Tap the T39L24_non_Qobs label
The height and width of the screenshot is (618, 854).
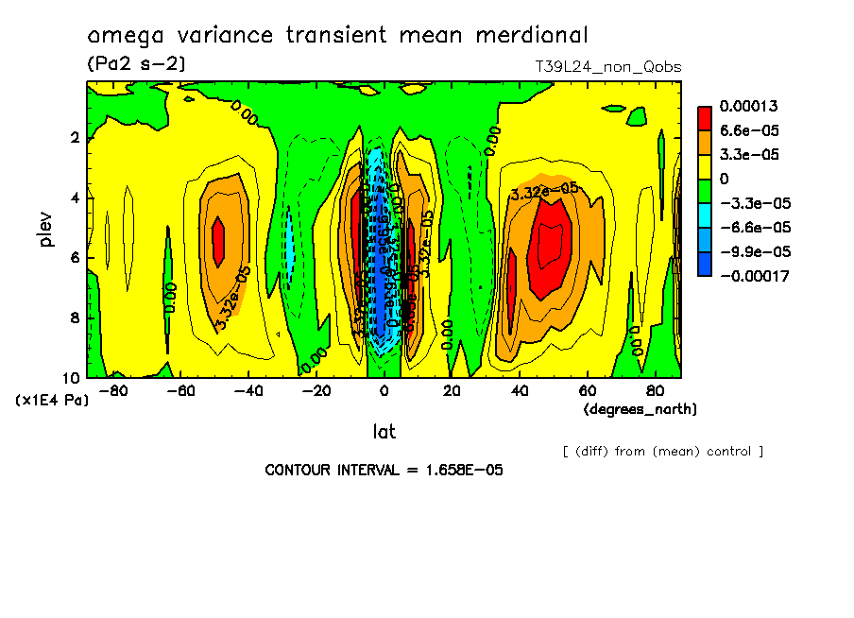[x=607, y=67]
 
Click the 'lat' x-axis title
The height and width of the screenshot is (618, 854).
[x=384, y=432]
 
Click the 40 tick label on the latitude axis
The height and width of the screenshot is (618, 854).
[x=519, y=390]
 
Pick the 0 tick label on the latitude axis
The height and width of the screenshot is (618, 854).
[x=384, y=390]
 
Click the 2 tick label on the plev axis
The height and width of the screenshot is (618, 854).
[x=75, y=138]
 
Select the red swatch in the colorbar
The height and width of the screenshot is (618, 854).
[x=705, y=117]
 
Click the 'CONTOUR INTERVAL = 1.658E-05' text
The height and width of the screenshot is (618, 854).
[x=377, y=470]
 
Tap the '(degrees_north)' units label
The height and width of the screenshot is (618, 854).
[x=640, y=409]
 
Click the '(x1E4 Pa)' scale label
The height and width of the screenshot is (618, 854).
[x=53, y=401]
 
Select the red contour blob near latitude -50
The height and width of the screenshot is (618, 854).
[x=218, y=240]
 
